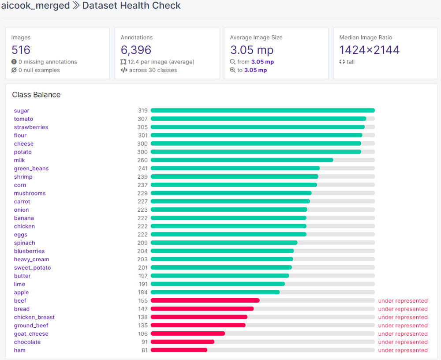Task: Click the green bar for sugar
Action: (262, 110)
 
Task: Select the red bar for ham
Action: (179, 350)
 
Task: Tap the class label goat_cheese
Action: (31, 334)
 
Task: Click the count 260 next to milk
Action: (142, 160)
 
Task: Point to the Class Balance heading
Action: (36, 95)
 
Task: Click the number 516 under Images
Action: (21, 50)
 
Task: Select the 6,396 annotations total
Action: (136, 50)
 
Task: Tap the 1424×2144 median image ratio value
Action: (369, 50)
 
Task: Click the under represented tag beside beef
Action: (403, 301)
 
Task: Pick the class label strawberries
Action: (31, 127)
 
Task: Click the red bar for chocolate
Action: (183, 342)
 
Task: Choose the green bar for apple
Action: (215, 292)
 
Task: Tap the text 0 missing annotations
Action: (48, 62)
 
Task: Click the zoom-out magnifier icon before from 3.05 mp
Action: (233, 62)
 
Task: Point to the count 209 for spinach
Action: (142, 243)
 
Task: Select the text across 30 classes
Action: (153, 70)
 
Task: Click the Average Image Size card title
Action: (256, 37)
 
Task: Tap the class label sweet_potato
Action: (32, 267)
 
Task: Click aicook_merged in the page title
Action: (35, 6)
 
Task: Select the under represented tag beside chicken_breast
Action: (403, 317)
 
